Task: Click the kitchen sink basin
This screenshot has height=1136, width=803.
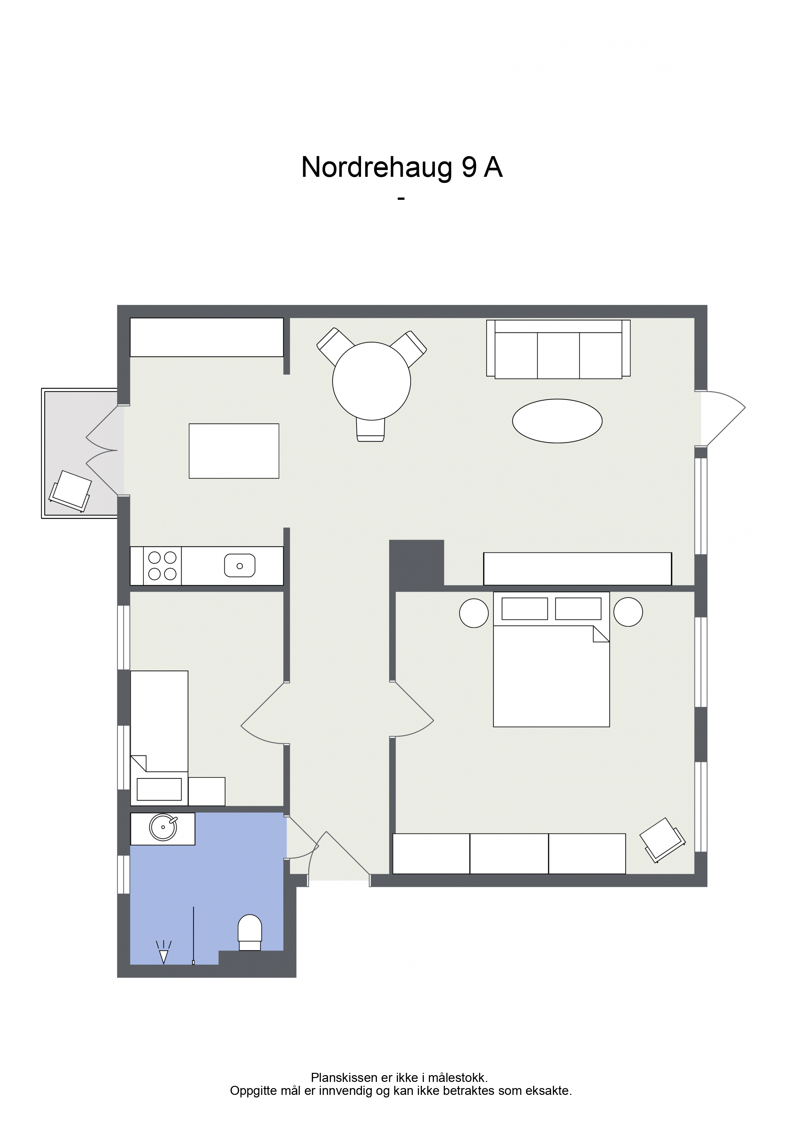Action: (240, 565)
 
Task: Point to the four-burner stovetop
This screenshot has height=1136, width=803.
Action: (162, 565)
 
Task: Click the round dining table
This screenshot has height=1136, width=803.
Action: (372, 381)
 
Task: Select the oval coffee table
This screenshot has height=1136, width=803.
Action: (557, 421)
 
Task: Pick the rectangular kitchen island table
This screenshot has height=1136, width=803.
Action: (234, 451)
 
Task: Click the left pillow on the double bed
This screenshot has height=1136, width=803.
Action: (525, 608)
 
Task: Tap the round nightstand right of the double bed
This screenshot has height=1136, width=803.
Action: (628, 612)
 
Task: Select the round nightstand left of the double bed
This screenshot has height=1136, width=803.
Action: (474, 613)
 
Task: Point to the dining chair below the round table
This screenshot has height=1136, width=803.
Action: (370, 429)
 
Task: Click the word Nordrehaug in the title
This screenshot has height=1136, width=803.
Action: (377, 168)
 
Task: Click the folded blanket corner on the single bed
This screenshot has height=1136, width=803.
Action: (139, 763)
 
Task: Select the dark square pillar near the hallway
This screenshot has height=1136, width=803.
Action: (417, 564)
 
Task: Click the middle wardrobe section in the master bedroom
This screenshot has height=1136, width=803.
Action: (509, 854)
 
